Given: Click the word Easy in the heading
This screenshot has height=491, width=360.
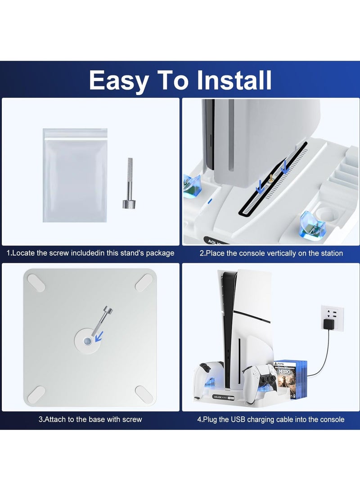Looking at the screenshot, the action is point(119,81).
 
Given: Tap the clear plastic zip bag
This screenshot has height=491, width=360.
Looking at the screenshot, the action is point(75,175).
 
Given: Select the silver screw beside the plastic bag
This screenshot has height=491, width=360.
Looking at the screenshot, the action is point(128,183).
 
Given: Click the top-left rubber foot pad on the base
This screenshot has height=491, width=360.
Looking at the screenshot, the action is point(36,283).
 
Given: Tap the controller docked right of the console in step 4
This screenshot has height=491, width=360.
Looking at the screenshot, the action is point(259,379).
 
